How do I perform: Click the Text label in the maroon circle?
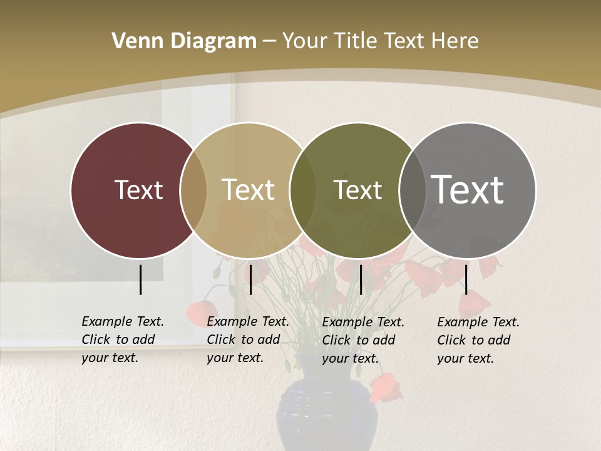coord(138,190)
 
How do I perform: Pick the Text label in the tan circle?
coord(248,190)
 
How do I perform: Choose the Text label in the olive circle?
coord(357,190)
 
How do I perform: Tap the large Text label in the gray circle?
coord(467,189)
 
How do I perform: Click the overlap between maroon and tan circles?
coord(193,190)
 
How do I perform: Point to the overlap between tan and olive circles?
coord(303,190)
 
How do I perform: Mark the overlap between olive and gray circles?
coord(413,190)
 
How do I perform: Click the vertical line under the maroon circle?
coord(140,279)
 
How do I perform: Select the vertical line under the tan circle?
coord(250,279)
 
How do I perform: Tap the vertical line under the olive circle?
coord(361,279)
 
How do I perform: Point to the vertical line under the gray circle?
coord(466,279)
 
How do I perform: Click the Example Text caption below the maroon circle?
coord(122,340)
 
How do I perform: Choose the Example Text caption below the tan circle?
coord(247,340)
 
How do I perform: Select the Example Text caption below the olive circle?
coord(362,340)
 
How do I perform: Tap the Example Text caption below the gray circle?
coord(478,340)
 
